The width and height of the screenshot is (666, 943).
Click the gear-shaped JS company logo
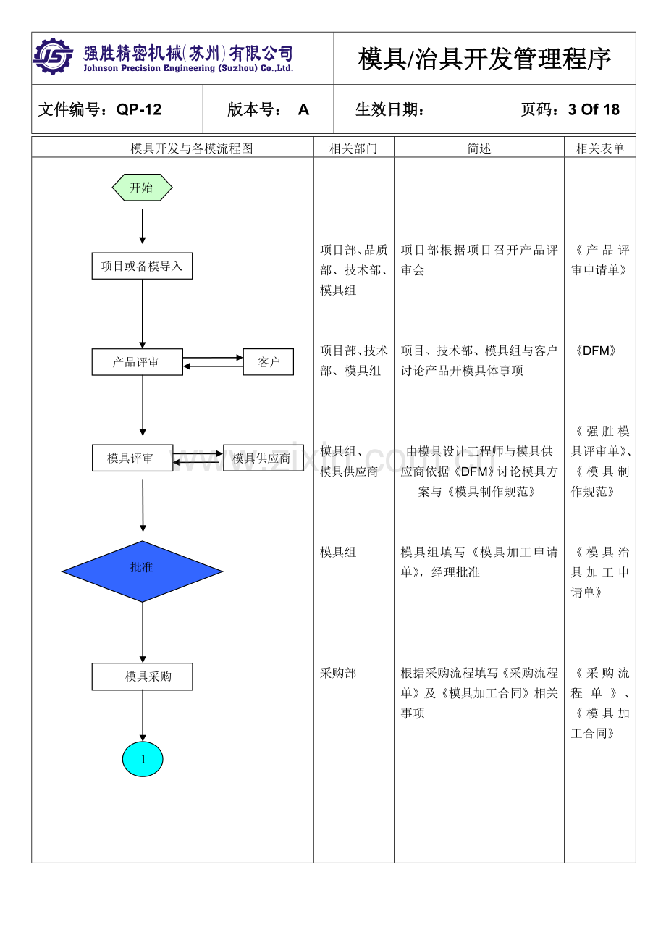[x=53, y=56]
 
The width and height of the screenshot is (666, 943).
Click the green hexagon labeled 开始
[x=142, y=188]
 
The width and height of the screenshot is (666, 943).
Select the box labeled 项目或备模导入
[x=142, y=266]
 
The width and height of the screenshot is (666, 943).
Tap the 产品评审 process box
[x=137, y=362]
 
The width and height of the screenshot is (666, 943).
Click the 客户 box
[x=269, y=362]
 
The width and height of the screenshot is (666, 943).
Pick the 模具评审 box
[x=132, y=458]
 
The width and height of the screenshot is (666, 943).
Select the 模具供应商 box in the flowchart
[x=264, y=458]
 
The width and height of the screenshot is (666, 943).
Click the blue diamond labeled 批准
[x=142, y=571]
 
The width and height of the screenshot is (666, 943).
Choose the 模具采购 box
[x=142, y=676]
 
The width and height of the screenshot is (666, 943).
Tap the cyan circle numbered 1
[x=143, y=758]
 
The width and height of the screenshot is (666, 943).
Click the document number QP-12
[x=139, y=109]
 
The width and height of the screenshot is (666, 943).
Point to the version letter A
[x=303, y=109]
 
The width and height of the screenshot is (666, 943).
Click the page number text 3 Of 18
[x=594, y=109]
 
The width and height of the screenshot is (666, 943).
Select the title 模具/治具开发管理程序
[x=485, y=59]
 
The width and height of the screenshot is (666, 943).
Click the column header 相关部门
[x=353, y=148]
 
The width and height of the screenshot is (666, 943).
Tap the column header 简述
[x=479, y=148]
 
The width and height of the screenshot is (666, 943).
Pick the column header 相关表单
[x=600, y=148]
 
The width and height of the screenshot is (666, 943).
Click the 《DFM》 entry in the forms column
[x=595, y=351]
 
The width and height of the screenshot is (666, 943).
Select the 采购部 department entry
[x=338, y=673]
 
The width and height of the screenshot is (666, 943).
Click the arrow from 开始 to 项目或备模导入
[x=142, y=227]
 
